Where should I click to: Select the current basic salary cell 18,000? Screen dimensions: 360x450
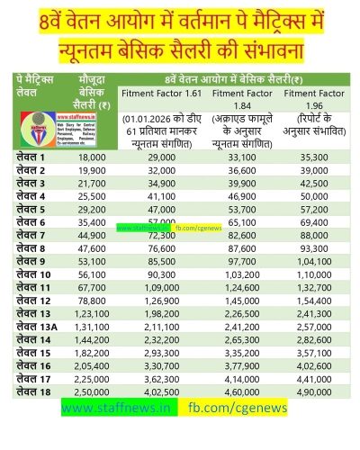tap(93, 157)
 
